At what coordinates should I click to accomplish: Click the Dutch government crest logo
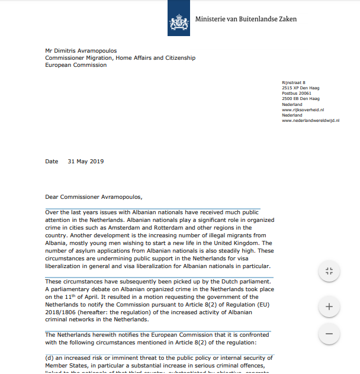tap(179, 18)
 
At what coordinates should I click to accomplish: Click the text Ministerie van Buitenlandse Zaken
tap(246, 19)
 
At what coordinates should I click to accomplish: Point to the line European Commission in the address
tap(76, 65)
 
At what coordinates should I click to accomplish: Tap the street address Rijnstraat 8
tap(294, 83)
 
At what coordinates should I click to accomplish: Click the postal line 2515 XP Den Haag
tap(300, 88)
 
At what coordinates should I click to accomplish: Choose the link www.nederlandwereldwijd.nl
tap(310, 120)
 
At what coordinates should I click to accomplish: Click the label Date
tap(52, 161)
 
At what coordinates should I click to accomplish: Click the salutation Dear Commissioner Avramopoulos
tap(94, 197)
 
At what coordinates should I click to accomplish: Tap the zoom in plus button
tap(329, 307)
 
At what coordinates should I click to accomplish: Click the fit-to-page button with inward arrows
tap(329, 272)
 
